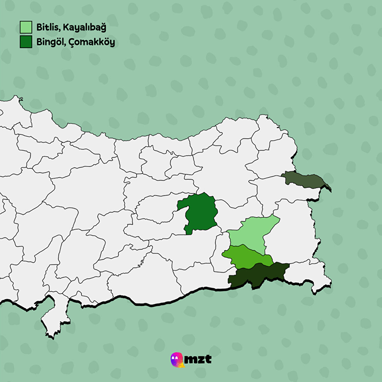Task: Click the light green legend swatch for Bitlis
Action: coord(26,27)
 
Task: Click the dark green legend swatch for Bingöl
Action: coord(26,42)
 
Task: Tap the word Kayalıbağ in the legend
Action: coord(84,27)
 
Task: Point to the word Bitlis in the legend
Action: coord(47,27)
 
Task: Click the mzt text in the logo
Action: coord(198,359)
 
